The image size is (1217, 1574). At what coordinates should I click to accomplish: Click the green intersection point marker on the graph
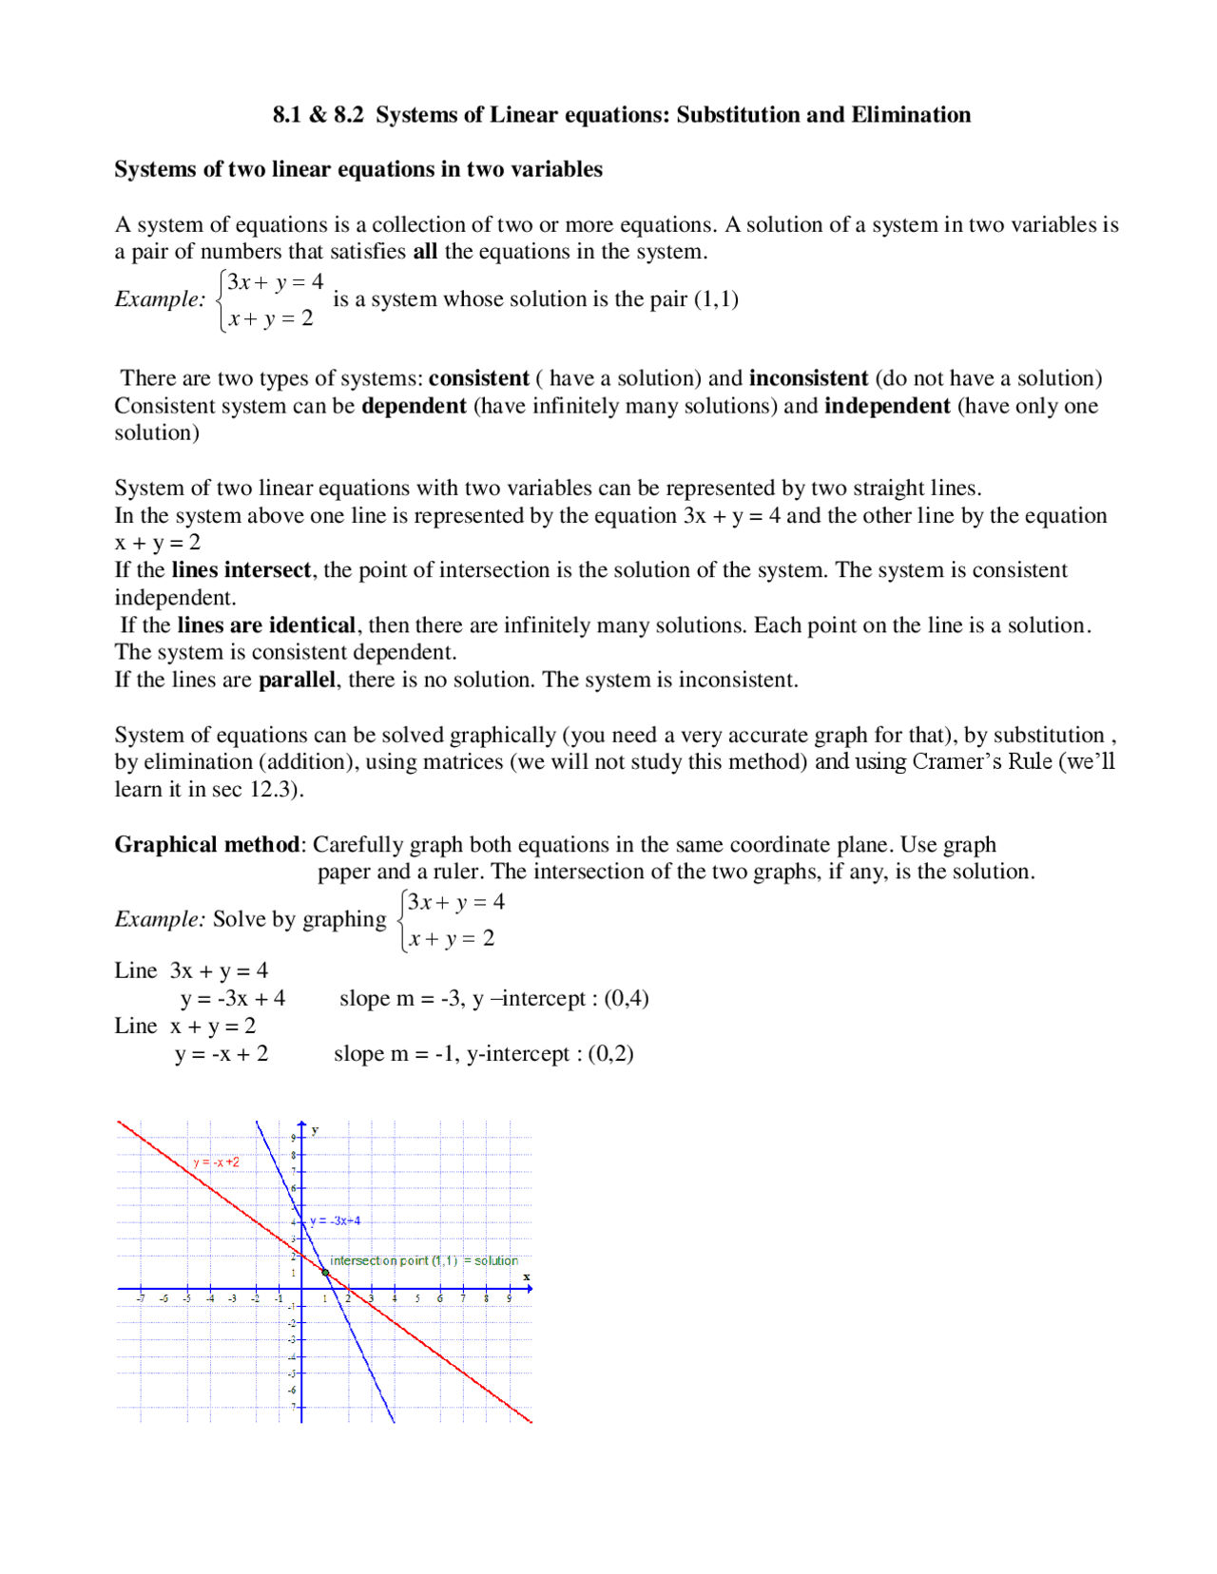coord(326,1272)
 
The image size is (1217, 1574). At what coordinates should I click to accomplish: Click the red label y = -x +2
coord(217,1162)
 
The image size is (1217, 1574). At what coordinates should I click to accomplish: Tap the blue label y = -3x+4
coord(336,1220)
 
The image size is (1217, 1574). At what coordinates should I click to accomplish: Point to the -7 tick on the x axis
coord(141,1297)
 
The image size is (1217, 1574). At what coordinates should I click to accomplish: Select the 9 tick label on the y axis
coord(294,1138)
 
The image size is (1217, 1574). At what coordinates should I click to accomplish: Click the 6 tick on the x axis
coord(439,1297)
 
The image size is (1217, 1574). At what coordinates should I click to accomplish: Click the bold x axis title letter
coord(526,1276)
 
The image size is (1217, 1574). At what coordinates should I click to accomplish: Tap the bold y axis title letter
coord(315,1130)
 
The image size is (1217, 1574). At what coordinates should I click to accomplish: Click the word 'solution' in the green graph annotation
coord(496,1260)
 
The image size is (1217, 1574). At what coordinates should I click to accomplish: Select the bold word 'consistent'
coord(478,378)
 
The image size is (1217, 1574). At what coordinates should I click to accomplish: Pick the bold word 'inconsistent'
coord(808,378)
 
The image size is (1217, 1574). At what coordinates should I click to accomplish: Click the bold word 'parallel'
coord(297,680)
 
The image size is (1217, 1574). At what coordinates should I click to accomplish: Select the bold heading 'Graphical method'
coord(207,844)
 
